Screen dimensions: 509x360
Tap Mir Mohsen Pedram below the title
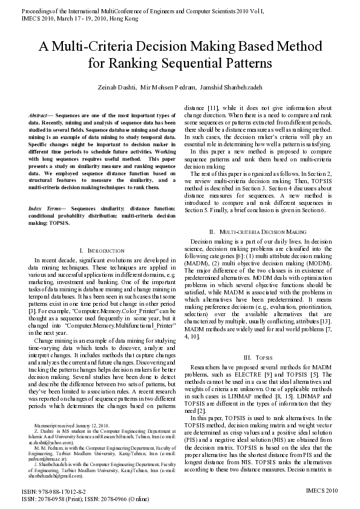170,88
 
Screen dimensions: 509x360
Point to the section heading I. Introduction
93,250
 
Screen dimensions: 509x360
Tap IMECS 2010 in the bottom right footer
321,492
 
